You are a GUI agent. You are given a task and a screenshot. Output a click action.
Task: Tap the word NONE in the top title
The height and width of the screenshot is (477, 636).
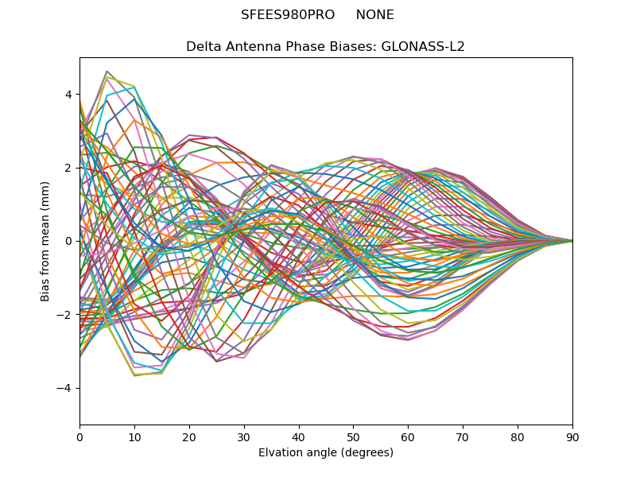[374, 15]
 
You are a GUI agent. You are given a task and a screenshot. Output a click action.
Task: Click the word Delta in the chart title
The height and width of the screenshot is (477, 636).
[203, 47]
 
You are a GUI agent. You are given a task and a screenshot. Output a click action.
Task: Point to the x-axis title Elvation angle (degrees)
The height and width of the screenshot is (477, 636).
[326, 453]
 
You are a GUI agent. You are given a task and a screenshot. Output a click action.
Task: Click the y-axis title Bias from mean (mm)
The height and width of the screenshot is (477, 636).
[46, 241]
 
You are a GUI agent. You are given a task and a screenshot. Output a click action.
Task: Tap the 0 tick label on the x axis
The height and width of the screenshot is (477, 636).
[79, 436]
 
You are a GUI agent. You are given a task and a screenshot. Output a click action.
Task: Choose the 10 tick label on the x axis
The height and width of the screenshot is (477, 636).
[134, 436]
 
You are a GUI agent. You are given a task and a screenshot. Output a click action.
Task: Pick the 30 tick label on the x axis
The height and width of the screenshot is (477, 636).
[244, 436]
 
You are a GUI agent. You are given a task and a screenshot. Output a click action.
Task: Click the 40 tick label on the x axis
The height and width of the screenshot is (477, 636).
[299, 436]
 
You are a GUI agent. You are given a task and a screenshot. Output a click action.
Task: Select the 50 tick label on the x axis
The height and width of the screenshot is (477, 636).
[353, 436]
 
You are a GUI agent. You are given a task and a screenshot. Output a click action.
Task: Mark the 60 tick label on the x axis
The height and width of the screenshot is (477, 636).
[408, 436]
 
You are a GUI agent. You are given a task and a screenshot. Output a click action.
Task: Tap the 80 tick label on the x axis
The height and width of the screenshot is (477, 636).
[518, 436]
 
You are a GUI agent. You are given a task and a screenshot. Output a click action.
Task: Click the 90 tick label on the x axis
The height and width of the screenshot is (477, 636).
[572, 436]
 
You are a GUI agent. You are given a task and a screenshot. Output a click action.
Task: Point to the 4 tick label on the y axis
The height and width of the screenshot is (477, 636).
[68, 95]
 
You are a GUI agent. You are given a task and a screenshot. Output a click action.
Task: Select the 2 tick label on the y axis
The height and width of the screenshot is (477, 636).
[68, 168]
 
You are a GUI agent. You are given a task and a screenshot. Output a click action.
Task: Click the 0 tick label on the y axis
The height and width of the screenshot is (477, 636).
[68, 241]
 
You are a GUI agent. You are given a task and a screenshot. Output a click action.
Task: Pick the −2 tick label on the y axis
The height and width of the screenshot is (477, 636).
[65, 315]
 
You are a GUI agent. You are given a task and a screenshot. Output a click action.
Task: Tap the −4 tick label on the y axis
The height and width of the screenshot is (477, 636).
[65, 388]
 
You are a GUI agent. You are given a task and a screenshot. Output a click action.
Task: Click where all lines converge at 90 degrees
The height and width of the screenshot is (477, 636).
[572, 241]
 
